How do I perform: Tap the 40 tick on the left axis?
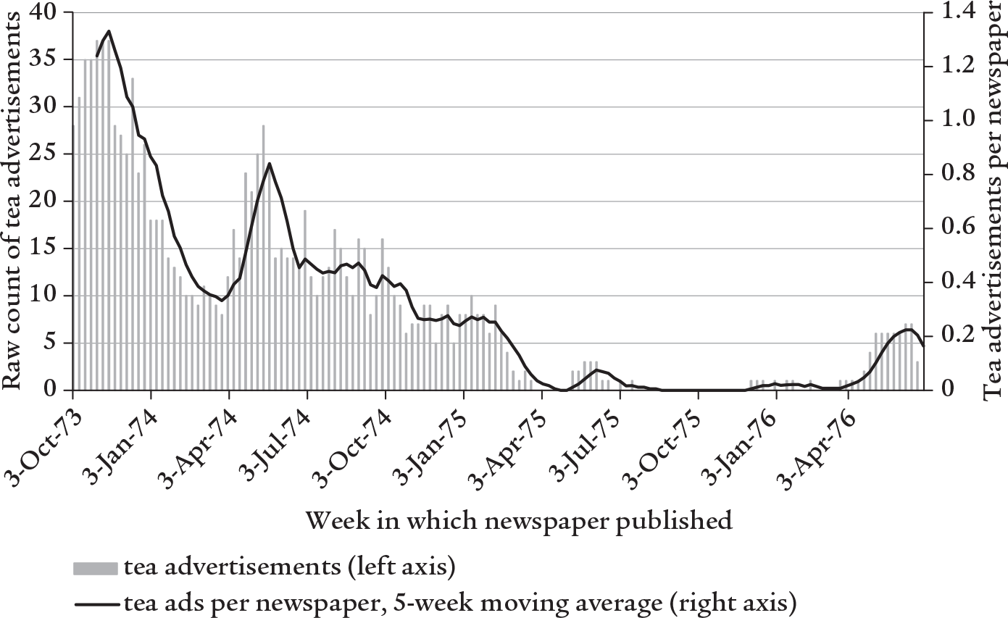point(49,12)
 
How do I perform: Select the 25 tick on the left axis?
point(49,154)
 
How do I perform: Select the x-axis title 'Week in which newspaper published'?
point(519,519)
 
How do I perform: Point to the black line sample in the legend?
point(95,601)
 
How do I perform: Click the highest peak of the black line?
point(109,31)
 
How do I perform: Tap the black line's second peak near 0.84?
point(269,163)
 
